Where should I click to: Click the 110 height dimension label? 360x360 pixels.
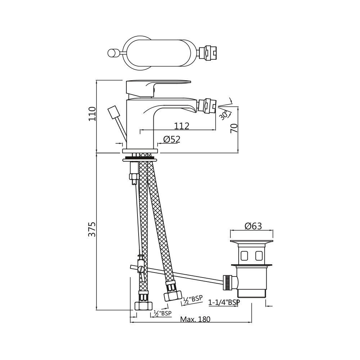pyautogui.click(x=92, y=114)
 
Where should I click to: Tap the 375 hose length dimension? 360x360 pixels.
pyautogui.click(x=92, y=229)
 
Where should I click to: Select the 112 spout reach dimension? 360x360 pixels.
pyautogui.click(x=181, y=126)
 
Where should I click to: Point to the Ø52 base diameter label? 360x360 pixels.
pyautogui.click(x=172, y=139)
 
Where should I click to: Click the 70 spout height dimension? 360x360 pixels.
pyautogui.click(x=234, y=128)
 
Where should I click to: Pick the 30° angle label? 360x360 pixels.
pyautogui.click(x=224, y=115)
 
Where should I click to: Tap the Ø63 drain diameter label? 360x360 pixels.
pyautogui.click(x=253, y=226)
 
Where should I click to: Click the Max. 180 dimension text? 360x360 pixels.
pyautogui.click(x=195, y=319)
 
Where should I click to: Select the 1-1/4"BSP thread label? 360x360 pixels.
pyautogui.click(x=224, y=302)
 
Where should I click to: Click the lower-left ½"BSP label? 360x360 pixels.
pyautogui.click(x=163, y=313)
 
